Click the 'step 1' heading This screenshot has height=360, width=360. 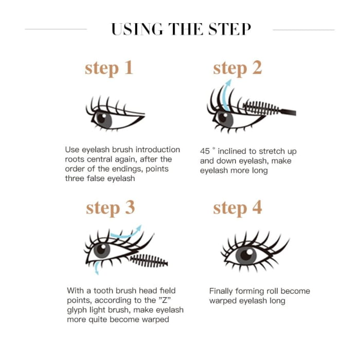pos(109,68)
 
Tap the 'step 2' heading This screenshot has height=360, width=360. pos(237,68)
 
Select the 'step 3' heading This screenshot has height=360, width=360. pos(110,207)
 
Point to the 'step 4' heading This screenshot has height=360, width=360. pos(237,207)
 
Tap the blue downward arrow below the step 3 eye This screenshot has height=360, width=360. pos(96,267)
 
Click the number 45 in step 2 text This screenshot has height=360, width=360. pos(205,152)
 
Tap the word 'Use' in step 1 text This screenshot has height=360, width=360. pos(73,150)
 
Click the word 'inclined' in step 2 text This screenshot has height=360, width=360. pos(233,152)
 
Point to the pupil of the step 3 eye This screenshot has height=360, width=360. pos(102,250)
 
